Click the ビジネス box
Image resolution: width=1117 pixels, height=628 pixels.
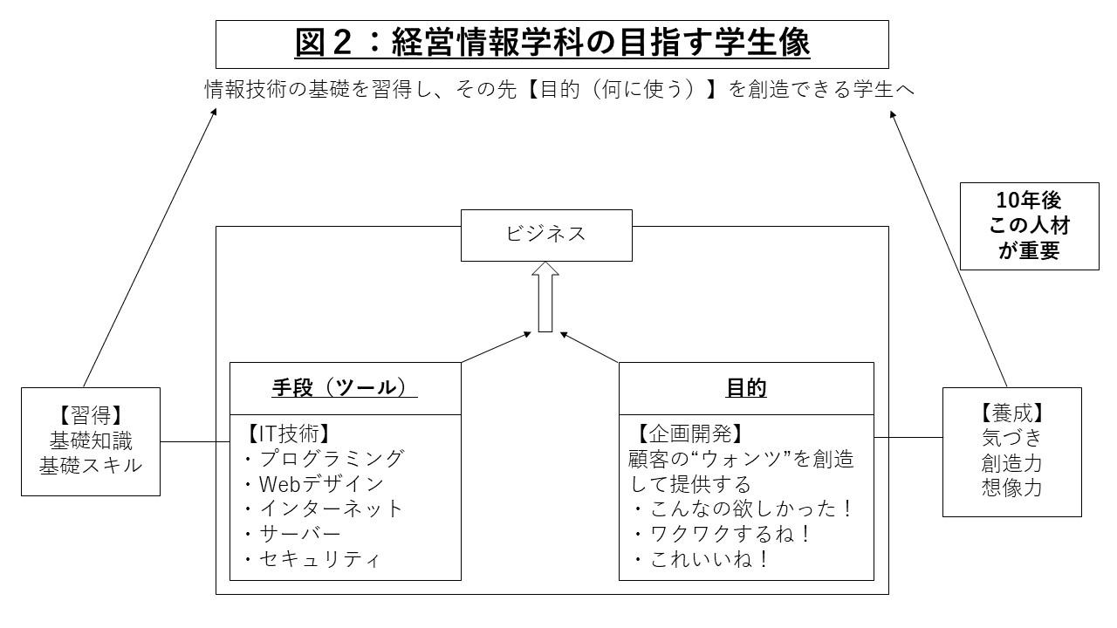(546, 235)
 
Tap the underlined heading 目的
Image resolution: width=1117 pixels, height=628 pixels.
(746, 388)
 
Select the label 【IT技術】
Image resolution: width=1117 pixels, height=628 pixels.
(288, 433)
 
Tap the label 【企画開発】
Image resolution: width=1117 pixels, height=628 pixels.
(689, 433)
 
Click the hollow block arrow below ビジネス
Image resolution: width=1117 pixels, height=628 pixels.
(545, 297)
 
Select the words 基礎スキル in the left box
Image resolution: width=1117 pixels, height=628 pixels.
(91, 466)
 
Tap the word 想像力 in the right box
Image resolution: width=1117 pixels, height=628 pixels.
(1011, 488)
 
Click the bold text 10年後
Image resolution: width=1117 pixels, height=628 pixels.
(1029, 201)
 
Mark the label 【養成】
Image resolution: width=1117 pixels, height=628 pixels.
(1011, 413)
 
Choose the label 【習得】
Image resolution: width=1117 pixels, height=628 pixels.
(91, 415)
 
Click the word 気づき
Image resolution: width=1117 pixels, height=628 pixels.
(1011, 438)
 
